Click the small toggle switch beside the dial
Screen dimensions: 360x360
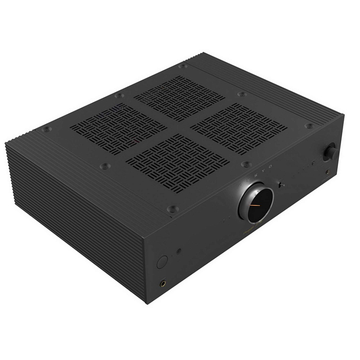point(282,185)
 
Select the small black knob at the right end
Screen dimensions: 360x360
point(331,152)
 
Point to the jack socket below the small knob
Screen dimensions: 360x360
point(328,172)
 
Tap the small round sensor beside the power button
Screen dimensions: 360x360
point(179,252)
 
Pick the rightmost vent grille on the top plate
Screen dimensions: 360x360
point(239,125)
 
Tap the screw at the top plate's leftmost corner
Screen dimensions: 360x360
point(47,129)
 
